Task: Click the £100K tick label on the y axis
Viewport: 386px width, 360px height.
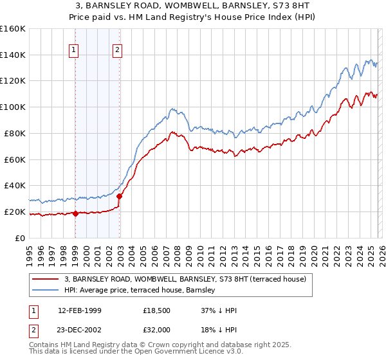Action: tap(13, 107)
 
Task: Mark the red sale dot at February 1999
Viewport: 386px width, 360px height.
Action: tap(75, 213)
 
